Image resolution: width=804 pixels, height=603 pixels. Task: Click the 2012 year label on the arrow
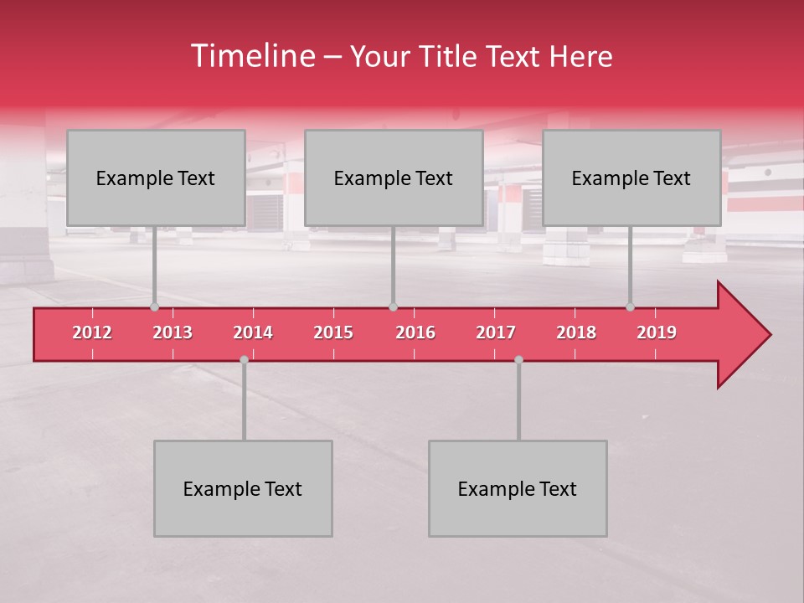click(x=92, y=332)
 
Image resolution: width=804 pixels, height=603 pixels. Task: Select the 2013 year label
click(x=173, y=332)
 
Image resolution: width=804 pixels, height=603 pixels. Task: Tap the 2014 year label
click(x=253, y=332)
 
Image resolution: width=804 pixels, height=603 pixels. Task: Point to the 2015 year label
click(x=333, y=332)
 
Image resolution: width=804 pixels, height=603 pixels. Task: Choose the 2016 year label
click(x=415, y=332)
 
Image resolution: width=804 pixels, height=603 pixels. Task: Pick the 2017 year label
click(x=496, y=332)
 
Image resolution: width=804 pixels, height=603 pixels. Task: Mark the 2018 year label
click(x=576, y=332)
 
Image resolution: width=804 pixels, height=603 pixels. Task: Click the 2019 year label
click(x=657, y=332)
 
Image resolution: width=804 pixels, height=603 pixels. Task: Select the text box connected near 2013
click(x=156, y=178)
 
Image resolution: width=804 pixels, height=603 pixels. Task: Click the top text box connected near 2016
click(x=394, y=178)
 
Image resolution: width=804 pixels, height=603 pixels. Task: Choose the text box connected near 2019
click(x=631, y=178)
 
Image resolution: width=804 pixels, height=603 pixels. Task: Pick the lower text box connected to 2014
click(x=243, y=488)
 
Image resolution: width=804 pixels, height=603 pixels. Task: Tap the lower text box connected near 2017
click(x=518, y=488)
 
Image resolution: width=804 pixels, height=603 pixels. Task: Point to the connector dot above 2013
click(x=154, y=307)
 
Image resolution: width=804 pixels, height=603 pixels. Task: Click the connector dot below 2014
click(x=244, y=359)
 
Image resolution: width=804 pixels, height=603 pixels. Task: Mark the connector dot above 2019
click(x=630, y=307)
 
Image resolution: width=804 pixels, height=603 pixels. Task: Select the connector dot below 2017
click(x=518, y=359)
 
